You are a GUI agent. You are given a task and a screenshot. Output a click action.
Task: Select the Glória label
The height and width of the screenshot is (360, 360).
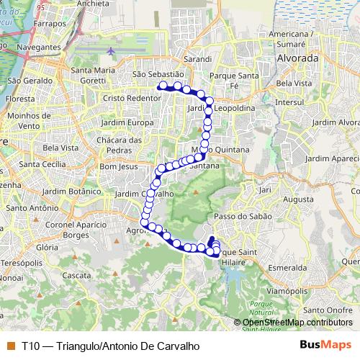[46, 246]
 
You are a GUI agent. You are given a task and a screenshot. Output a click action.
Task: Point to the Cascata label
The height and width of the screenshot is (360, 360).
[75, 275]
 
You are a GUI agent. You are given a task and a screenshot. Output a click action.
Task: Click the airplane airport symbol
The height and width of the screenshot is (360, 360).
[110, 52]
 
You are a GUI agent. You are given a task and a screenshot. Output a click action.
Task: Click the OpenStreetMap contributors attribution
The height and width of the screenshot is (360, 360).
[297, 323]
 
